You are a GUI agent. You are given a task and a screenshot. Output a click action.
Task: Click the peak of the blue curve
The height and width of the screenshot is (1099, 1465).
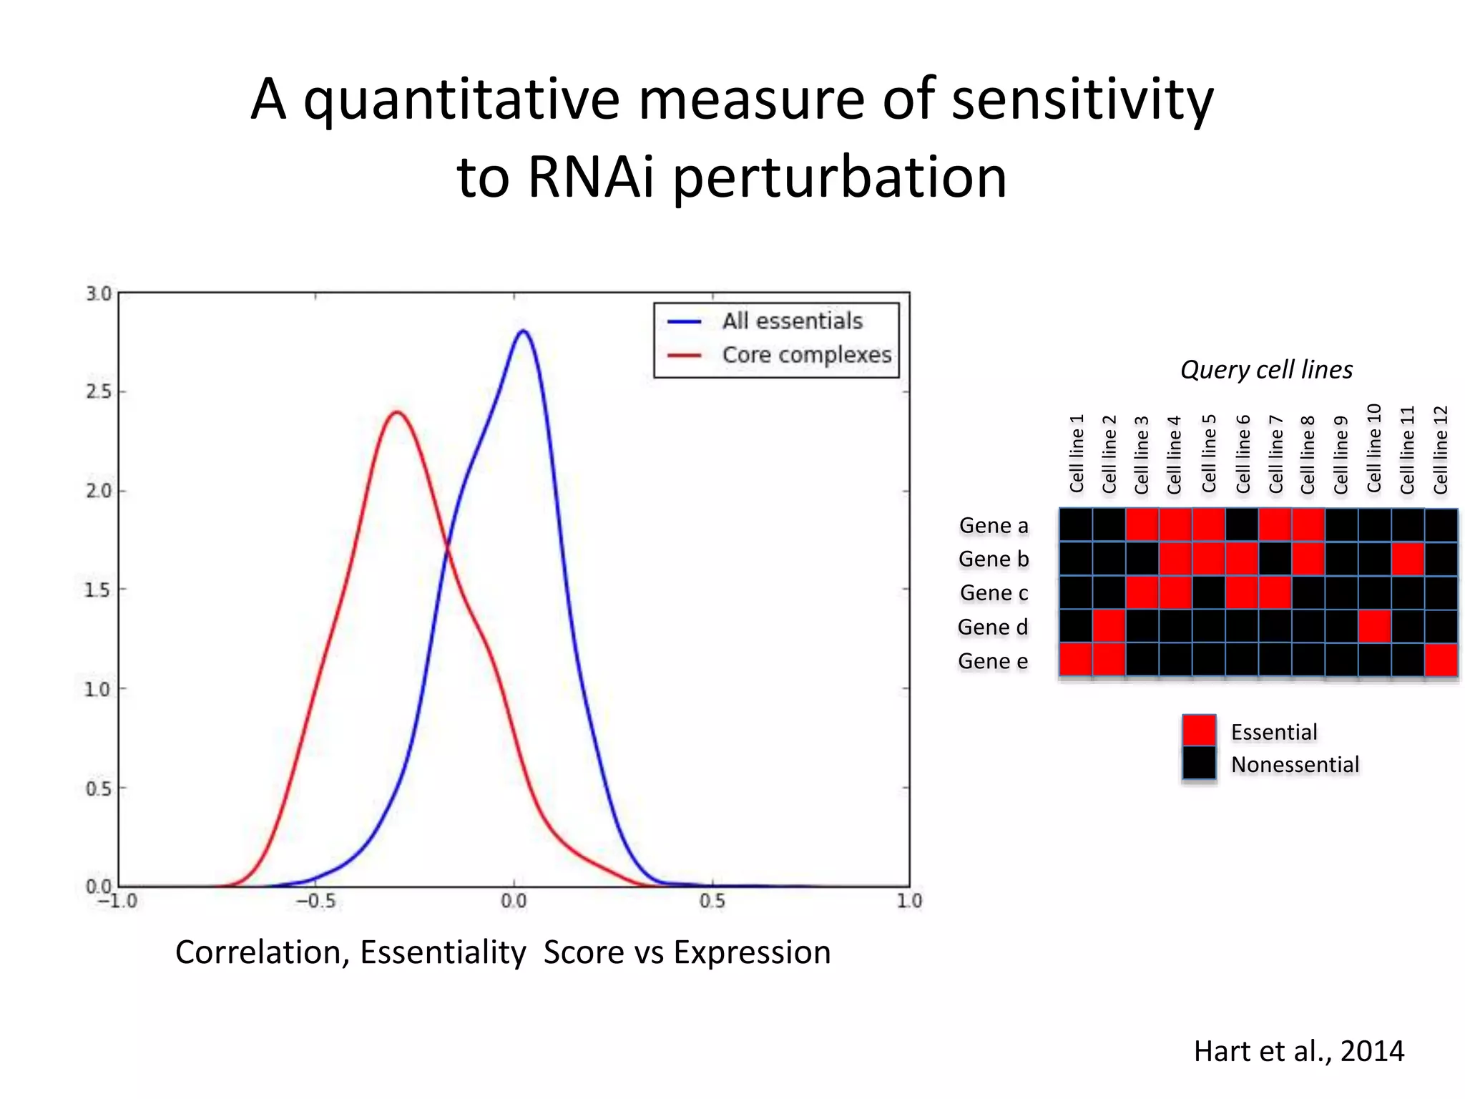pyautogui.click(x=524, y=331)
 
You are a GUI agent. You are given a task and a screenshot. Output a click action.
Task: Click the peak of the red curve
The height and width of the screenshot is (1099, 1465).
pyautogui.click(x=396, y=412)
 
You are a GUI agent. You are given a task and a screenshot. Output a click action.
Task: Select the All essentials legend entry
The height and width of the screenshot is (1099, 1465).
pyautogui.click(x=792, y=321)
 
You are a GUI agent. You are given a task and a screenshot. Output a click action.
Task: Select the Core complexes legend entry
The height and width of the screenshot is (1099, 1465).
pyautogui.click(x=806, y=355)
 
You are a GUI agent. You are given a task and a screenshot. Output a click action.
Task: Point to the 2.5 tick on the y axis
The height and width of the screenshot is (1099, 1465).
pyautogui.click(x=99, y=392)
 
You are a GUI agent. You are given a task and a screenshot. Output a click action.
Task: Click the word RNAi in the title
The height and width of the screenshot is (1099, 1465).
pyautogui.click(x=591, y=177)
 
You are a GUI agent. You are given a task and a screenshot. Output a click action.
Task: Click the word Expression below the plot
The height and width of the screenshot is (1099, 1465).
pyautogui.click(x=752, y=952)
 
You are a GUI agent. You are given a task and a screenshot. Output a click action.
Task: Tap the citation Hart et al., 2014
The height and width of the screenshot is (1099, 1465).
pyautogui.click(x=1298, y=1051)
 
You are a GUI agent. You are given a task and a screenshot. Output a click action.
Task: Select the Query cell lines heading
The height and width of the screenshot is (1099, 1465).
pyautogui.click(x=1266, y=370)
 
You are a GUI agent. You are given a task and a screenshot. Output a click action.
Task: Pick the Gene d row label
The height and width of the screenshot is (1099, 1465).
pyautogui.click(x=993, y=627)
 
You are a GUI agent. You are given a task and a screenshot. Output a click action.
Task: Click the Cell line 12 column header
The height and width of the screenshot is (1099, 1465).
pyautogui.click(x=1441, y=450)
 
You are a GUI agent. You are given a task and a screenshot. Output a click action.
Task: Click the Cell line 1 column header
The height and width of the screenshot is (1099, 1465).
pyautogui.click(x=1077, y=454)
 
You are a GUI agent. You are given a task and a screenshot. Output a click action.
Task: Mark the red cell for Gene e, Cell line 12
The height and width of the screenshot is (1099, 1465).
pyautogui.click(x=1441, y=660)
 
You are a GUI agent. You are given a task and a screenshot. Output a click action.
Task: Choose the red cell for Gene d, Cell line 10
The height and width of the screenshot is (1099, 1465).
pyautogui.click(x=1374, y=626)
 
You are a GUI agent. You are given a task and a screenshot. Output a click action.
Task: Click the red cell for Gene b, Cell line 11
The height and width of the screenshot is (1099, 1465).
pyautogui.click(x=1407, y=559)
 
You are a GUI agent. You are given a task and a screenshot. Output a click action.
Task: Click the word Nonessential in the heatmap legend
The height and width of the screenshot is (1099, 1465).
pyautogui.click(x=1295, y=765)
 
